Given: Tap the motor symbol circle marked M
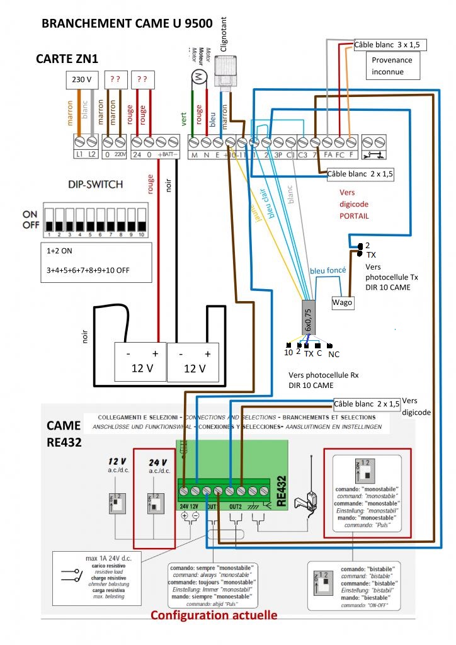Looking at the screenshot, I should tap(200, 76).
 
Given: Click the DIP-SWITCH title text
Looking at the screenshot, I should tap(94, 185).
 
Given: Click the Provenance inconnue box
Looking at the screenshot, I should tap(392, 66).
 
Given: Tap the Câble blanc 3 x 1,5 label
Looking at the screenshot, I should tap(391, 45).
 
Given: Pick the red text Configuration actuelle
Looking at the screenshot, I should tap(214, 615).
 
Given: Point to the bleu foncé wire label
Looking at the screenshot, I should tap(327, 270).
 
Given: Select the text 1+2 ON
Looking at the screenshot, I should tap(60, 250).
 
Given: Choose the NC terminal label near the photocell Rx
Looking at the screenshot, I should tap(334, 354).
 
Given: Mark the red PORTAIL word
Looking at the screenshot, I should tap(354, 216).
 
